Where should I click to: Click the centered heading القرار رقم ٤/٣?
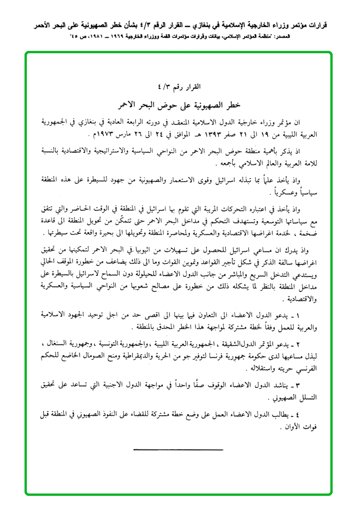[x=180, y=87]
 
